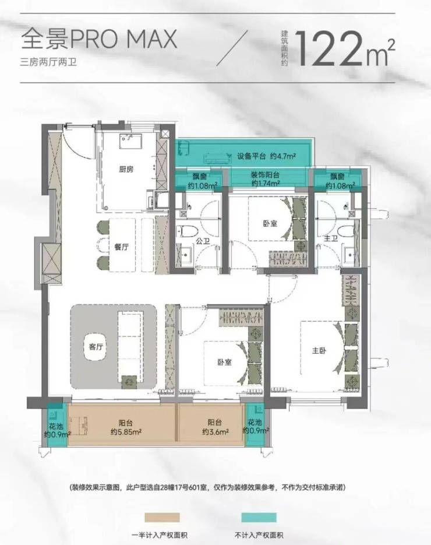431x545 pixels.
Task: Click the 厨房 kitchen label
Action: click(126, 169)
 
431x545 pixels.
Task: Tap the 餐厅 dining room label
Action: click(122, 247)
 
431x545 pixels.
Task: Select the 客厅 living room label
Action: click(96, 347)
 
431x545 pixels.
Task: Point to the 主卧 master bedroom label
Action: click(319, 350)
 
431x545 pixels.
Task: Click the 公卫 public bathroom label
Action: click(203, 241)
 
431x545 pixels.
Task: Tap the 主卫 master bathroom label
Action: click(331, 239)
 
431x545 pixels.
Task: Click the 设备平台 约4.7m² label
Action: click(267, 156)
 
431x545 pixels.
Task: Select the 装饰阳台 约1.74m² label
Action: click(265, 180)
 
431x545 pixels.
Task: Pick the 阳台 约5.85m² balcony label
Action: click(125, 427)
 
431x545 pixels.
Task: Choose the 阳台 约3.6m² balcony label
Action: click(216, 427)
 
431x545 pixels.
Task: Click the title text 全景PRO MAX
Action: click(99, 38)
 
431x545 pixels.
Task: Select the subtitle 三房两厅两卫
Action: click(48, 62)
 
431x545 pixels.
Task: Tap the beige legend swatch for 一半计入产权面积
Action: click(162, 518)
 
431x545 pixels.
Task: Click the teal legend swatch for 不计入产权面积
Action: click(259, 518)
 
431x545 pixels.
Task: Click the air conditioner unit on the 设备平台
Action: click(217, 157)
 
